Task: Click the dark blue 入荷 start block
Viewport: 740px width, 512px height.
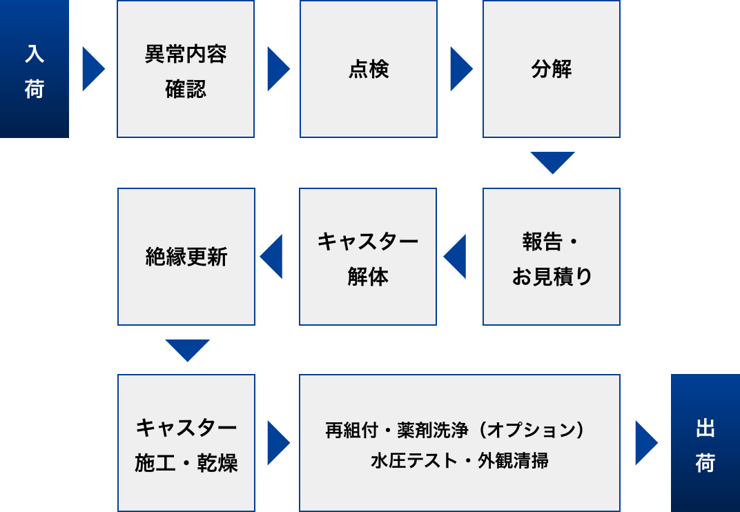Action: [x=35, y=69]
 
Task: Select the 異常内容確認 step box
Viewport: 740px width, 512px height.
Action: [x=186, y=69]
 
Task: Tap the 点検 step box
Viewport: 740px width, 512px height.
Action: [x=368, y=69]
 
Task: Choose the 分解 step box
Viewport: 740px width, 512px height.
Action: [x=552, y=69]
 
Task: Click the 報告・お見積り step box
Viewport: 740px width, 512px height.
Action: [x=552, y=257]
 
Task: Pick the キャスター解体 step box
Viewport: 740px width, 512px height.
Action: [x=368, y=257]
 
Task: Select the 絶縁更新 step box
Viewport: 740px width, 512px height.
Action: [x=186, y=257]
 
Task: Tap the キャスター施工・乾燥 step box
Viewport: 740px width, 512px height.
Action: [x=186, y=443]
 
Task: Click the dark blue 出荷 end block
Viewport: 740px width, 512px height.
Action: [x=705, y=443]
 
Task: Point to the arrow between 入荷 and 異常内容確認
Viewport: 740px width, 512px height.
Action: [x=93, y=69]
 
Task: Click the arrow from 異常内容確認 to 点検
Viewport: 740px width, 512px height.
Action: [x=278, y=69]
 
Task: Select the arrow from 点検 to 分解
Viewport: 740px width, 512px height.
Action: [x=461, y=69]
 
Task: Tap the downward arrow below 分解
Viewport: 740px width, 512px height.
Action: [x=553, y=161]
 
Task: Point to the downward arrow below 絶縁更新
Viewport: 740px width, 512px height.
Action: [x=187, y=349]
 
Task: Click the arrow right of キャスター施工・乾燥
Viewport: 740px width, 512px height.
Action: [x=278, y=443]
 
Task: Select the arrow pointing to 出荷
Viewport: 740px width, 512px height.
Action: [x=646, y=443]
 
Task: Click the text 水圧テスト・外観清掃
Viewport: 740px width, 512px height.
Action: [x=460, y=460]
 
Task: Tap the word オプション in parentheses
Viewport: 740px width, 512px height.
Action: [x=531, y=430]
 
